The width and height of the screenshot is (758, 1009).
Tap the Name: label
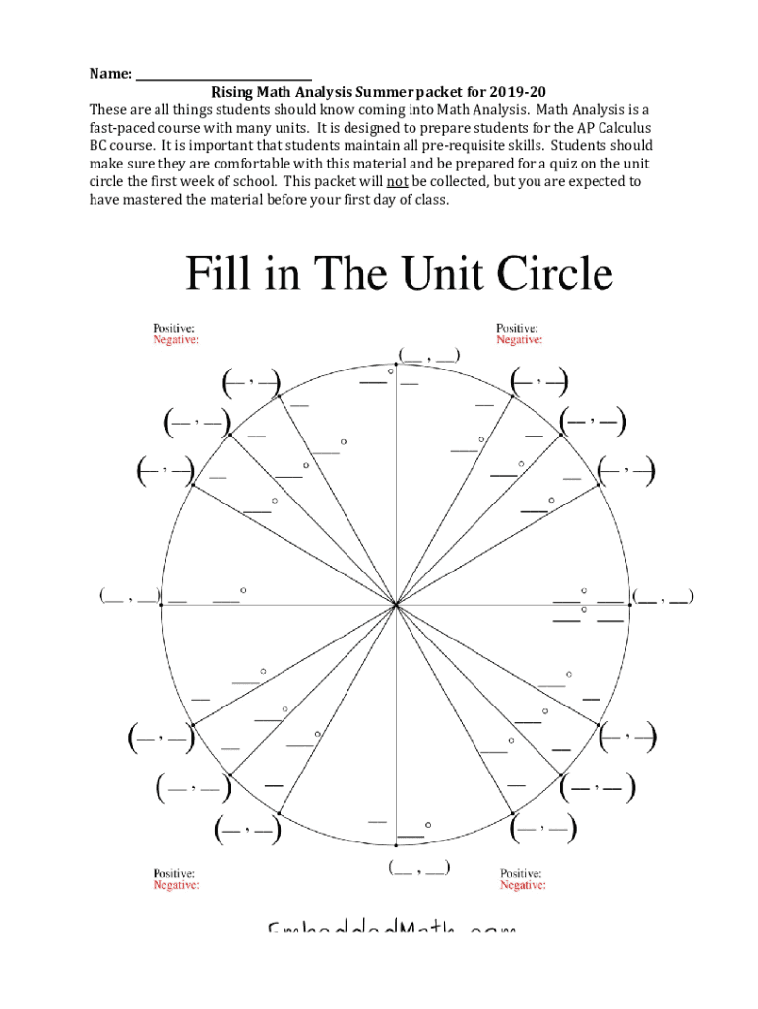(110, 74)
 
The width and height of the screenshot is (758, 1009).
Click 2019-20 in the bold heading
(518, 92)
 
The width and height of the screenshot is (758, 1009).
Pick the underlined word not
(398, 181)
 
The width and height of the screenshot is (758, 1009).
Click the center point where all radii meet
(396, 605)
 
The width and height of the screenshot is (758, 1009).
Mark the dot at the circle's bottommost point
(396, 844)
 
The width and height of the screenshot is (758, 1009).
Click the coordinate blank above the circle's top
(428, 355)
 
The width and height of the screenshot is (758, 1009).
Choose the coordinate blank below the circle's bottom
(419, 868)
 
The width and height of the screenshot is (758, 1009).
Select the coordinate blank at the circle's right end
(663, 596)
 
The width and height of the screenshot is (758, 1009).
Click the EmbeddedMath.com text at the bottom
(391, 929)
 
